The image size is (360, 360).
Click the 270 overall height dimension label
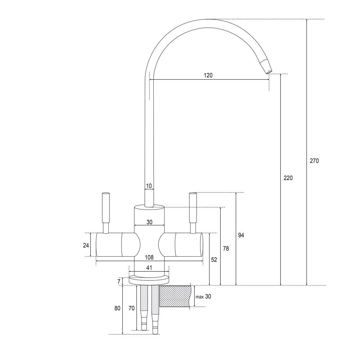pyautogui.click(x=314, y=161)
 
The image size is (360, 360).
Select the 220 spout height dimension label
pyautogui.click(x=288, y=178)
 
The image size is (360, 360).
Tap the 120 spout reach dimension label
pyautogui.click(x=208, y=75)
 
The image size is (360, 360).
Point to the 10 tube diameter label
pyautogui.click(x=149, y=186)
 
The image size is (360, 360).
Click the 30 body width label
pyautogui.click(x=149, y=222)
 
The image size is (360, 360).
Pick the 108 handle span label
pyautogui.click(x=149, y=257)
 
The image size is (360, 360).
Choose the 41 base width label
pyautogui.click(x=149, y=268)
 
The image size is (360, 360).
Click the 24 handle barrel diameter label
pyautogui.click(x=86, y=246)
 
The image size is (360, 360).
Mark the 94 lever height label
pyautogui.click(x=241, y=235)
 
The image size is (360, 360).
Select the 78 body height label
pyautogui.click(x=226, y=248)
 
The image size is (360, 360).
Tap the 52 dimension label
pyautogui.click(x=214, y=260)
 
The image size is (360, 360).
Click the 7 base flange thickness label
pyautogui.click(x=119, y=282)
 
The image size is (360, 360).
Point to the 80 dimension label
pyautogui.click(x=117, y=309)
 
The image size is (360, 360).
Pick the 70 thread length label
pyautogui.click(x=131, y=309)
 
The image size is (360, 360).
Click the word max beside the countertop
pyautogui.click(x=199, y=297)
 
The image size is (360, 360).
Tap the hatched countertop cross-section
pyautogui.click(x=175, y=296)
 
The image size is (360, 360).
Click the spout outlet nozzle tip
pyautogui.click(x=268, y=72)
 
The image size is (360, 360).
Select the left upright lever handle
pyautogui.click(x=106, y=213)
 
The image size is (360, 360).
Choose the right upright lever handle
pyautogui.click(x=193, y=213)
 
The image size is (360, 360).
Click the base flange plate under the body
pyautogui.click(x=149, y=280)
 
